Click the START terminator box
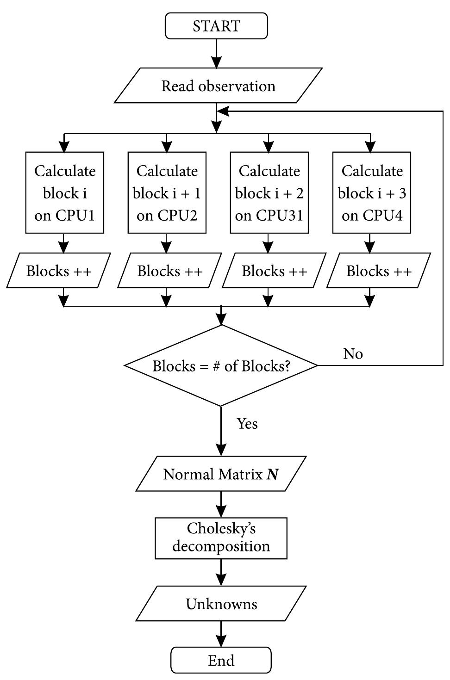(216, 26)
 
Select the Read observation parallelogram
(218, 86)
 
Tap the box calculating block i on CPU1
(64, 193)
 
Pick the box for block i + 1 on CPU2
(167, 193)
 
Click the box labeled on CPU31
(269, 193)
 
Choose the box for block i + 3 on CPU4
(371, 193)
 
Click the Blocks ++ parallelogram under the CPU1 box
(59, 271)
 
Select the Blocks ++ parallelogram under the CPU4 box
(379, 271)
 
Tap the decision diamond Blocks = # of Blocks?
(221, 366)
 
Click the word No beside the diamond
(353, 354)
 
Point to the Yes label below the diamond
(247, 423)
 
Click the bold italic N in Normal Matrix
(273, 475)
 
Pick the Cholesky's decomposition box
(221, 538)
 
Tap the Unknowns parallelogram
(221, 604)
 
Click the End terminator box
(221, 660)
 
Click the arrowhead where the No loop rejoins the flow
(223, 111)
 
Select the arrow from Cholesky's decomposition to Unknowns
(221, 573)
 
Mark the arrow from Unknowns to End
(221, 634)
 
